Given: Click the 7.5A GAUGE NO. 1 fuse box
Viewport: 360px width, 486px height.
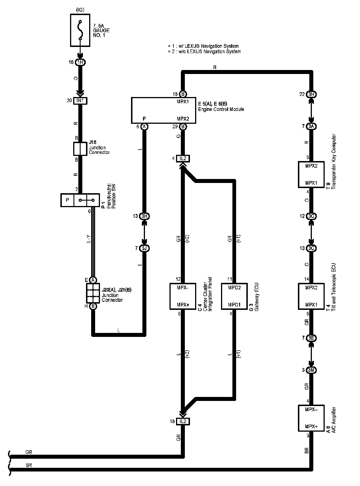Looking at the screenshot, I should click(x=80, y=30).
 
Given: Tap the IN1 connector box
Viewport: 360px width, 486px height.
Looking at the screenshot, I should click(x=80, y=101).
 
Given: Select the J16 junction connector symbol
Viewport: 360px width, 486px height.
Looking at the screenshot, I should click(x=80, y=149).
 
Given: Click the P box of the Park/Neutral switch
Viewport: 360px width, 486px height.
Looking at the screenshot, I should click(x=67, y=200).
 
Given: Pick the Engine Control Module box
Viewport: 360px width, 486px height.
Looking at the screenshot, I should click(x=163, y=110).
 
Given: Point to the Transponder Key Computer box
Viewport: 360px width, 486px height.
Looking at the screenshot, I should click(x=311, y=174).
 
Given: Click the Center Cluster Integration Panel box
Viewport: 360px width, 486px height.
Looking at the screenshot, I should click(x=183, y=296).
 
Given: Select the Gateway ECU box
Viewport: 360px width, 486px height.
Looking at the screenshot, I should click(x=234, y=296).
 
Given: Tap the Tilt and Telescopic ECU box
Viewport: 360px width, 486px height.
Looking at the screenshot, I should click(x=311, y=296).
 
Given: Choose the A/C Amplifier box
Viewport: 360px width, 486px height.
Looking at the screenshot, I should click(x=311, y=418).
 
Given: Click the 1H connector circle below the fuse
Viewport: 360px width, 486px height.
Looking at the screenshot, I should click(x=80, y=62).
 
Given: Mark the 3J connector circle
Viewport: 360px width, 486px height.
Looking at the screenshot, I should click(x=144, y=248).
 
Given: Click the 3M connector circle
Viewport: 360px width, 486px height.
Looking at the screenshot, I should click(x=311, y=370).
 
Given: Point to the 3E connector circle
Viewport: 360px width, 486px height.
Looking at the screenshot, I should click(x=311, y=338).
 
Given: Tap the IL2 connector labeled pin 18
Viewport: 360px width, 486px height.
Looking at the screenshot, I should click(x=183, y=421).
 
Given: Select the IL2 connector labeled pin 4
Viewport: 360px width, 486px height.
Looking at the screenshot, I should click(x=183, y=158).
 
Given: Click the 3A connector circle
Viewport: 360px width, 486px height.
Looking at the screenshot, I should click(x=311, y=126).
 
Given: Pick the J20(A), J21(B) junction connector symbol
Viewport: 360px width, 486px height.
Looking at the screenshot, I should click(x=93, y=293).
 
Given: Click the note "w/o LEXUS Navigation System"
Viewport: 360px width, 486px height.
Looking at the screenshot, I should click(x=210, y=52).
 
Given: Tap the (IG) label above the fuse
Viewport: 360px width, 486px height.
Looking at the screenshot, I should click(x=80, y=10).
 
